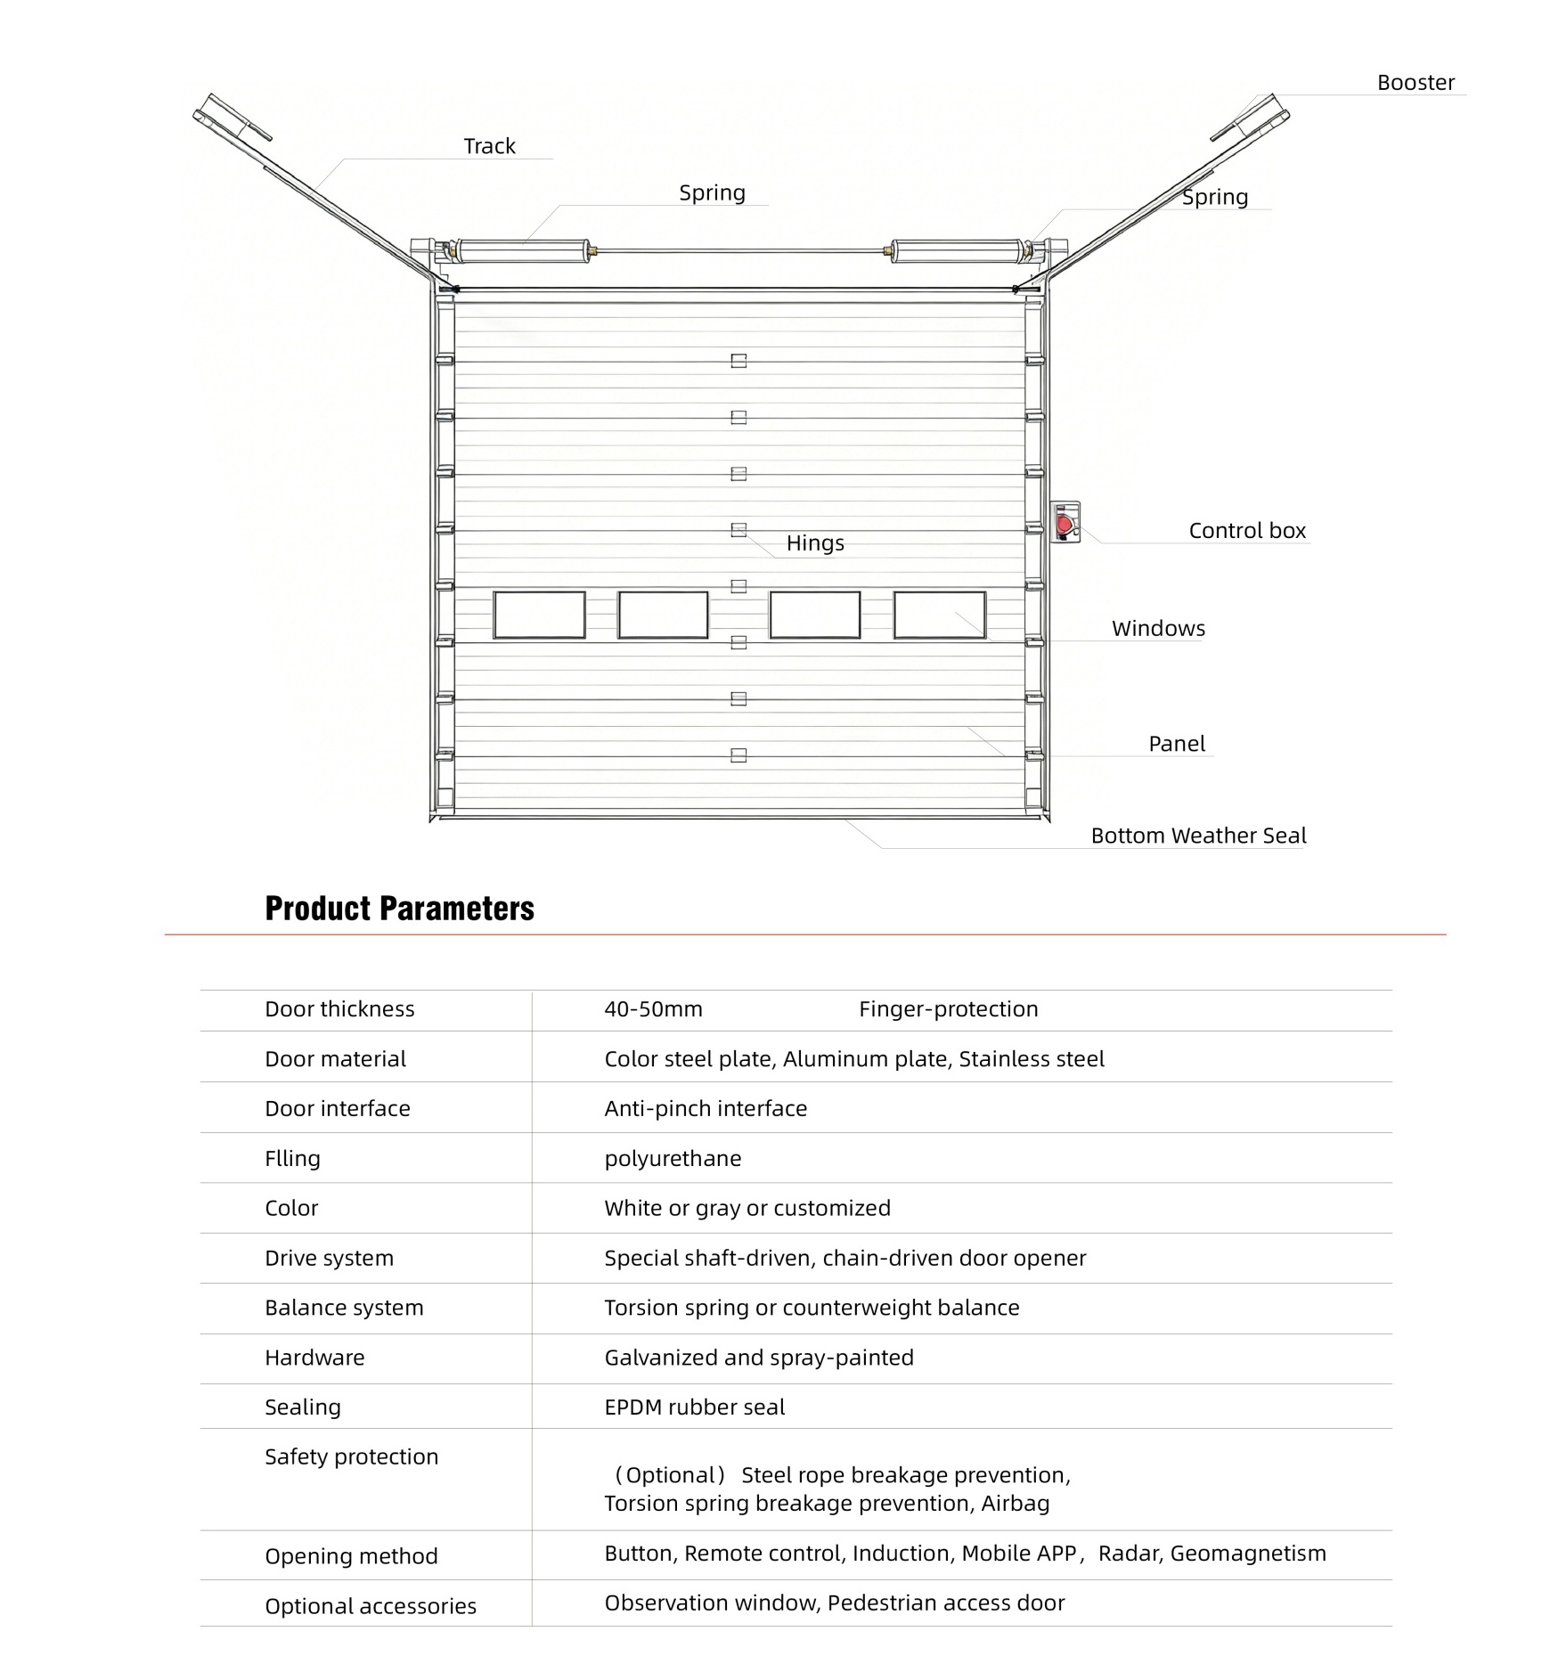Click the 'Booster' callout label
[x=1415, y=83]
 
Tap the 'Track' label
[x=489, y=146]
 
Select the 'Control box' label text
[x=1246, y=531]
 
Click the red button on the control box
[x=1064, y=523]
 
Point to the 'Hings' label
[x=814, y=543]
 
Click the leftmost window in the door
[x=539, y=615]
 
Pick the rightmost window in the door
[x=939, y=615]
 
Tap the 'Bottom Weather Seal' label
[x=1198, y=836]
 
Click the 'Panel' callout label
[x=1176, y=744]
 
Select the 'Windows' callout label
[x=1157, y=629]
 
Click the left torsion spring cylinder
[x=523, y=251]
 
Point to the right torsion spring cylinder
[x=957, y=251]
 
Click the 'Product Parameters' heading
[x=399, y=909]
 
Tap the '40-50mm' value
[x=653, y=1009]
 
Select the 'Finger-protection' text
[x=948, y=1009]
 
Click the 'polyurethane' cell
[x=673, y=1159]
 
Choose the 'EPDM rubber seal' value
[x=694, y=1407]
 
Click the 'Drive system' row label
[x=329, y=1259]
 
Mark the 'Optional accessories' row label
[x=370, y=1606]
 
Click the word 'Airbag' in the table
[x=1015, y=1504]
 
